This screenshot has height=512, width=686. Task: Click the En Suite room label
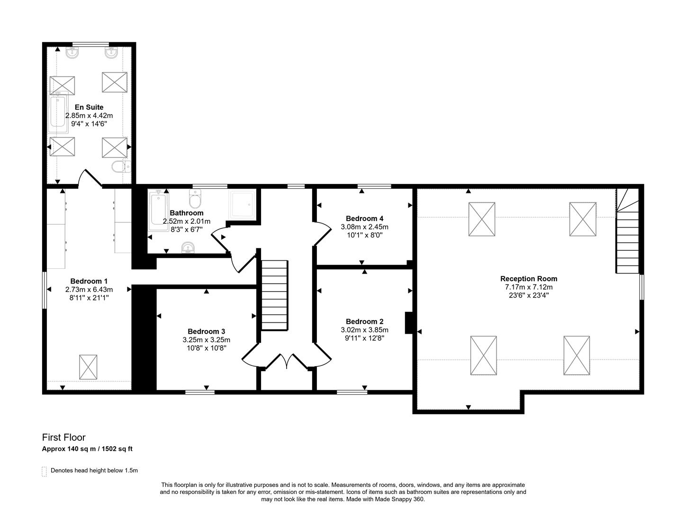(x=89, y=107)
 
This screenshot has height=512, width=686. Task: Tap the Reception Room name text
(x=529, y=279)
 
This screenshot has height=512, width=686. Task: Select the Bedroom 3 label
(x=206, y=331)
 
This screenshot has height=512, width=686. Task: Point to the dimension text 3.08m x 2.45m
(x=364, y=227)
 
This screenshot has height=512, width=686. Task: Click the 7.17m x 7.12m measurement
(x=529, y=287)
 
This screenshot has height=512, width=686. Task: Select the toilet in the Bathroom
(x=195, y=195)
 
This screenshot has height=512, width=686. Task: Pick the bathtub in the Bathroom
(x=158, y=210)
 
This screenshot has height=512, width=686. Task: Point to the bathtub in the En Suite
(x=59, y=114)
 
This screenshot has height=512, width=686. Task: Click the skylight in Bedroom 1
(x=88, y=367)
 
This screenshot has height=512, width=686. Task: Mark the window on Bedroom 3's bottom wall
(x=199, y=392)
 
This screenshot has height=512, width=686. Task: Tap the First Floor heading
(x=63, y=438)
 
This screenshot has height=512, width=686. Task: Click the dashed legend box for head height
(x=45, y=471)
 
